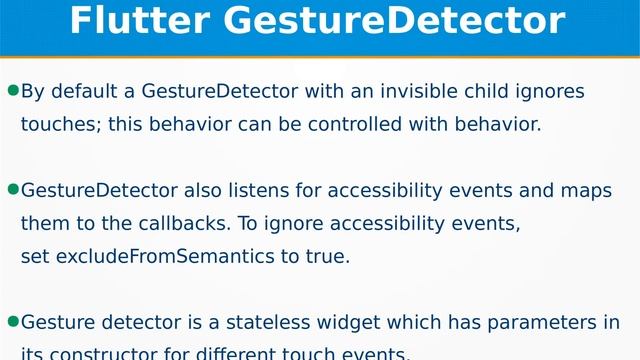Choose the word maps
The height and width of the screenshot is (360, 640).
pyautogui.click(x=586, y=190)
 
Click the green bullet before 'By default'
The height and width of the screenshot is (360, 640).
pyautogui.click(x=13, y=91)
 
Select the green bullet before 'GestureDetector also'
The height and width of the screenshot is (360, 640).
pyautogui.click(x=13, y=189)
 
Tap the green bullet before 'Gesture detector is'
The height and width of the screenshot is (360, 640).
pyautogui.click(x=13, y=321)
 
